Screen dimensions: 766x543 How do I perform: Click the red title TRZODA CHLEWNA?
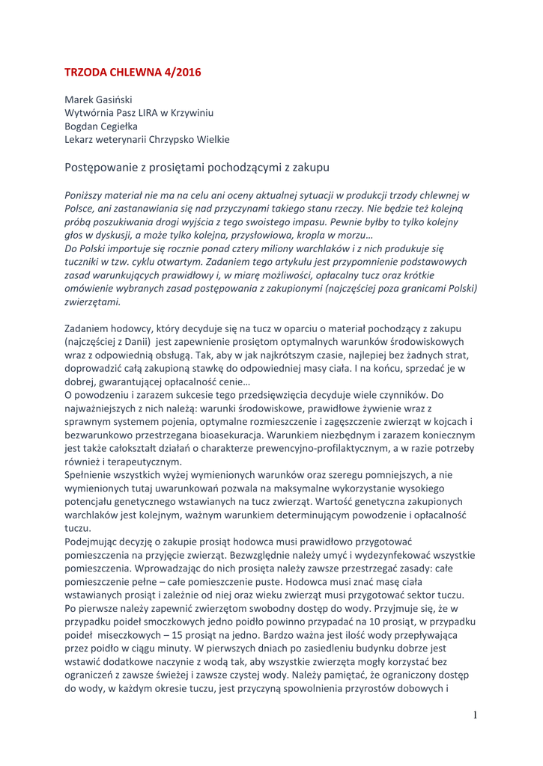[115, 73]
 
